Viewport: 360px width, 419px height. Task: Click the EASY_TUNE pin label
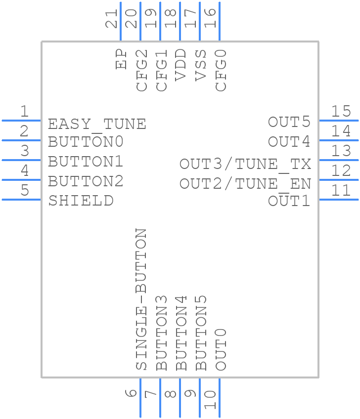coord(97,123)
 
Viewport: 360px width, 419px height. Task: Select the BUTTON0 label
coord(86,142)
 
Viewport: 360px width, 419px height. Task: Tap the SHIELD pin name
coord(81,201)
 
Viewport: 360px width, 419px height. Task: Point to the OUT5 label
coord(289,122)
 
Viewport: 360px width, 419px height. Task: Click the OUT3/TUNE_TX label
coord(245,164)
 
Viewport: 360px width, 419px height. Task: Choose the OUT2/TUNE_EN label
coord(245,184)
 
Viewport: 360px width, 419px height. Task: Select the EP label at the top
coord(121,59)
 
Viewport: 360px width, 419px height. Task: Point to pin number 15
coord(341,112)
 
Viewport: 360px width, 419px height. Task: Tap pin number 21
coord(113,18)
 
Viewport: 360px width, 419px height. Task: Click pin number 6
coord(131,394)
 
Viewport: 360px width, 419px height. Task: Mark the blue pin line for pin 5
coord(21,199)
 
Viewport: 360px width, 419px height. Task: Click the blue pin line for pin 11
coord(339,199)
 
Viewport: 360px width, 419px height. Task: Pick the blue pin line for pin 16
coord(219,22)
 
